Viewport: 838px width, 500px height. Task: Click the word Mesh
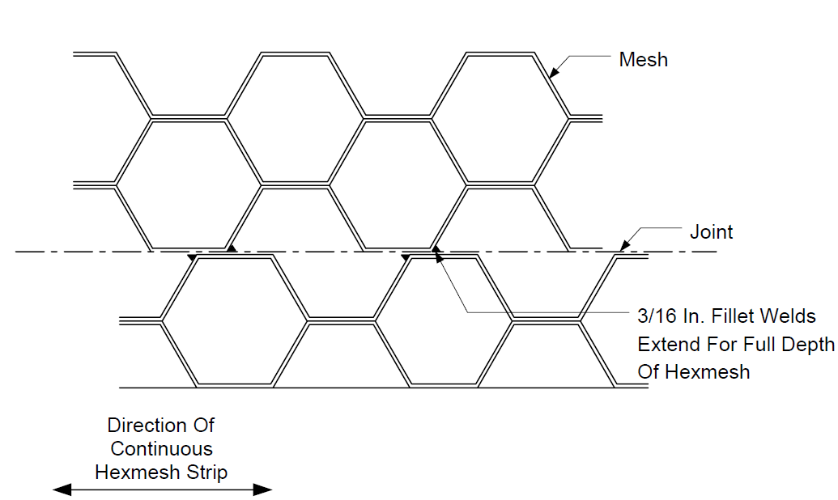644,59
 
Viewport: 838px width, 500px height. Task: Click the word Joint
712,232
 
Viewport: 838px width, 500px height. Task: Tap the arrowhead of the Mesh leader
555,71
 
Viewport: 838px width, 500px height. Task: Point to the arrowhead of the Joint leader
625,246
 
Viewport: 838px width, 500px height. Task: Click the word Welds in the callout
788,316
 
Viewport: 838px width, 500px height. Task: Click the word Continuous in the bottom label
161,449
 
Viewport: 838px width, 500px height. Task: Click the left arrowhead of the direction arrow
62,489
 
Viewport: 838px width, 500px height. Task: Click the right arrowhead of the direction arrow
262,489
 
